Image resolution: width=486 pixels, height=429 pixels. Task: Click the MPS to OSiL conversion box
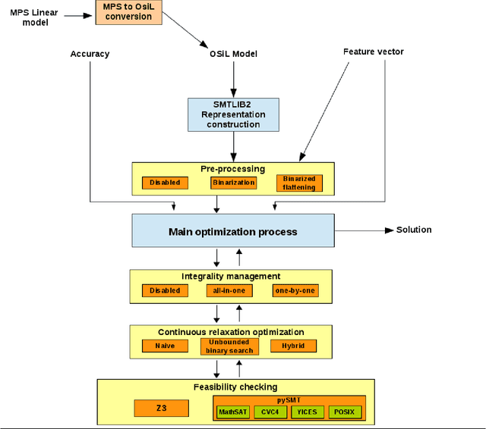(x=128, y=12)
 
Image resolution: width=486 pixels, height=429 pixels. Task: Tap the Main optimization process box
(x=232, y=230)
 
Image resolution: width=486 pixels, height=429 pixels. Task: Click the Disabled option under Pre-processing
(x=165, y=183)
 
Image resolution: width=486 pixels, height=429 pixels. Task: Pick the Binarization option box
(x=233, y=183)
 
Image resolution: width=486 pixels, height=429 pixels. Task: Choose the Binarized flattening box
(x=298, y=183)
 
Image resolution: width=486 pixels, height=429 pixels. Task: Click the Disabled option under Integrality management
(x=165, y=290)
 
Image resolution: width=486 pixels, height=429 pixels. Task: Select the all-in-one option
(x=229, y=290)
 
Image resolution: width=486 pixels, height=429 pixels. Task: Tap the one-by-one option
(x=295, y=290)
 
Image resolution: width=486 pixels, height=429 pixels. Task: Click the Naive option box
(x=165, y=346)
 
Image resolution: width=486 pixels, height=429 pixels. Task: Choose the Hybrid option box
(x=293, y=346)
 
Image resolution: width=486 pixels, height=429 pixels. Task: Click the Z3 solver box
(x=161, y=408)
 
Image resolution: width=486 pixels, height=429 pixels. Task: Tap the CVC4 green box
(x=270, y=412)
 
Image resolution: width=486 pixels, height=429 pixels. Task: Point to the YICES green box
(x=308, y=412)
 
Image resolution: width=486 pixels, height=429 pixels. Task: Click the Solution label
(x=413, y=230)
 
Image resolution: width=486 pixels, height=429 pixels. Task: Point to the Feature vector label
(x=373, y=52)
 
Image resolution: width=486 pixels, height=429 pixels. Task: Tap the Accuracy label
(x=90, y=54)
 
